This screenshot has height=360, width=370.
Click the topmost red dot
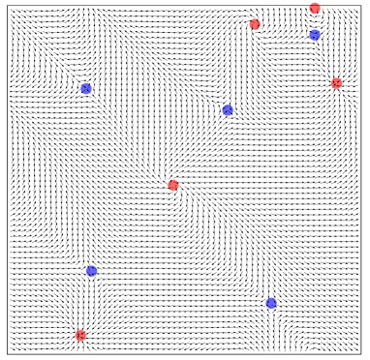(x=315, y=9)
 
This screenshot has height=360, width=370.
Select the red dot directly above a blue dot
(x=315, y=9)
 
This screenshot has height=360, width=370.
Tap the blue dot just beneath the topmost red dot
(x=315, y=36)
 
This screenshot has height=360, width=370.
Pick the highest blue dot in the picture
(x=315, y=36)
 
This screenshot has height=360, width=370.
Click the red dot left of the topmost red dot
(x=255, y=25)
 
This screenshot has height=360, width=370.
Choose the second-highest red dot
(x=255, y=25)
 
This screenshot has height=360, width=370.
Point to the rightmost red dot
(x=336, y=84)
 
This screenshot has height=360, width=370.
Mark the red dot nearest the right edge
(x=336, y=84)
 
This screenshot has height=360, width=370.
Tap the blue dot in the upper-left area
(x=86, y=89)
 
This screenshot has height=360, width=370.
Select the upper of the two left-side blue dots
(x=86, y=89)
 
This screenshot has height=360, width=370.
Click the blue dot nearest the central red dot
(x=228, y=110)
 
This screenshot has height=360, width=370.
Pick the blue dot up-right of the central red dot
(x=228, y=110)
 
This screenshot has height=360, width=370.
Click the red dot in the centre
(x=173, y=186)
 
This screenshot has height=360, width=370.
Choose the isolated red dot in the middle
(x=173, y=186)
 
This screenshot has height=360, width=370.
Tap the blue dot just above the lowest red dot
(x=92, y=271)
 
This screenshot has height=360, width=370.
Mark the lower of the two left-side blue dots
(x=92, y=271)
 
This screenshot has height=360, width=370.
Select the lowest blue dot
(x=271, y=303)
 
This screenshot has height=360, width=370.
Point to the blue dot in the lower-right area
(x=271, y=303)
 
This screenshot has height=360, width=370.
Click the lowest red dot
(x=80, y=336)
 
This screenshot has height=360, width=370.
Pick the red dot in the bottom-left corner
(x=80, y=336)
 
